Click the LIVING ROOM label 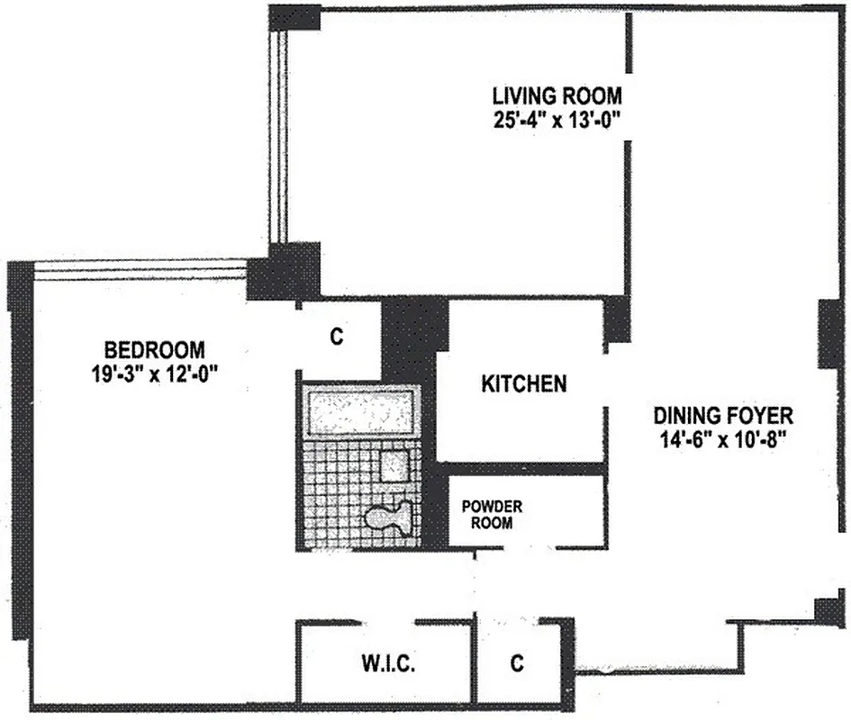click(557, 96)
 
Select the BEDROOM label click(154, 349)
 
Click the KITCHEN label click(524, 384)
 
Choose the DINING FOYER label click(723, 416)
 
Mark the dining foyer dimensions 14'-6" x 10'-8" click(723, 443)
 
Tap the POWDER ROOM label click(492, 513)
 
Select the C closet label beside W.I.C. click(516, 664)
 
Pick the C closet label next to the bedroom click(337, 337)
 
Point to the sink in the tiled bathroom click(394, 465)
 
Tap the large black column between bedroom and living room click(284, 271)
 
